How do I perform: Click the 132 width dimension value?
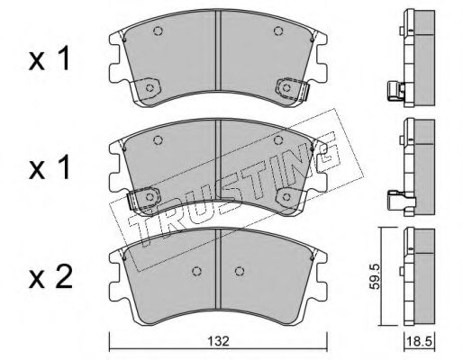pos(218,341)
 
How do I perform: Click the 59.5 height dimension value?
pos(375,276)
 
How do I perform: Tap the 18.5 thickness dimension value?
pos(419,341)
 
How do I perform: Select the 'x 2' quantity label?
pos(50,278)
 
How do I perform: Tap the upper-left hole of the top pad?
pos(158,31)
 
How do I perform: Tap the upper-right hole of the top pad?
pos(278,31)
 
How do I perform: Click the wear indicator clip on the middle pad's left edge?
pos(132,201)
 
